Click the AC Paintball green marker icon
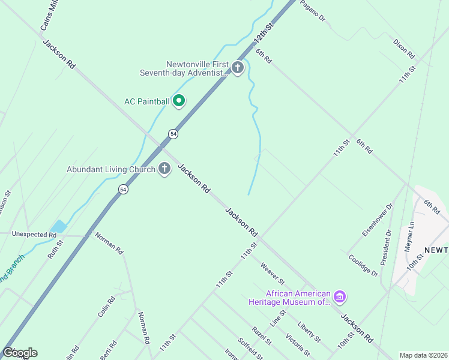coord(178,101)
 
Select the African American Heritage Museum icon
coord(340,297)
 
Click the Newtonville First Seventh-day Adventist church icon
coord(238,68)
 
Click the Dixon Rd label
coord(404,49)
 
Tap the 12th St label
coord(263,34)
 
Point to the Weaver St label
coord(272,273)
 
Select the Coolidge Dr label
coord(363,265)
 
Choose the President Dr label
coord(386,247)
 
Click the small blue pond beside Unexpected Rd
coord(59,227)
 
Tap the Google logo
coord(20,353)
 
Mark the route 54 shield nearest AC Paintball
coord(173,134)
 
